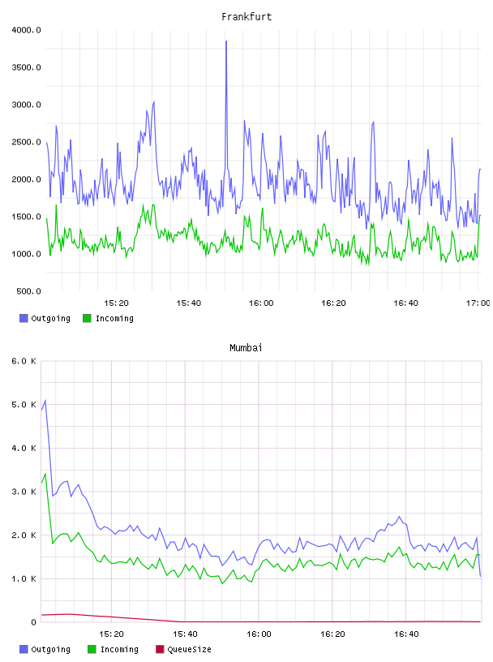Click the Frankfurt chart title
point(246,17)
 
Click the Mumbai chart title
point(246,348)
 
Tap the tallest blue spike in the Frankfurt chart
point(226,41)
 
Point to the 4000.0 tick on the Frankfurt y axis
point(26,30)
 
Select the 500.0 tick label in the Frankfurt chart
point(28,291)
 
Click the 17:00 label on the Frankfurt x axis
point(478,303)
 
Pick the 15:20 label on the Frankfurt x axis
point(116,303)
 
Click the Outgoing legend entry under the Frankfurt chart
point(45,318)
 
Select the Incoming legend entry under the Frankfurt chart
point(109,318)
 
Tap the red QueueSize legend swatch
point(160,649)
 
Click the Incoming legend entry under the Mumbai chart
point(114,649)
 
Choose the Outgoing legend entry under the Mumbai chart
point(45,649)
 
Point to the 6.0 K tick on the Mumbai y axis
point(24,361)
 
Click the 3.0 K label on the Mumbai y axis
point(24,492)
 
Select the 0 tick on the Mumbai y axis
point(34,622)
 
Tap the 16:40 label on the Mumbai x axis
point(406,634)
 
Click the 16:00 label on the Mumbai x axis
point(259,634)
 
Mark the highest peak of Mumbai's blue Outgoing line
point(45,400)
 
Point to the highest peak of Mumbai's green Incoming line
point(45,474)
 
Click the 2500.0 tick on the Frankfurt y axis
point(26,142)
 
